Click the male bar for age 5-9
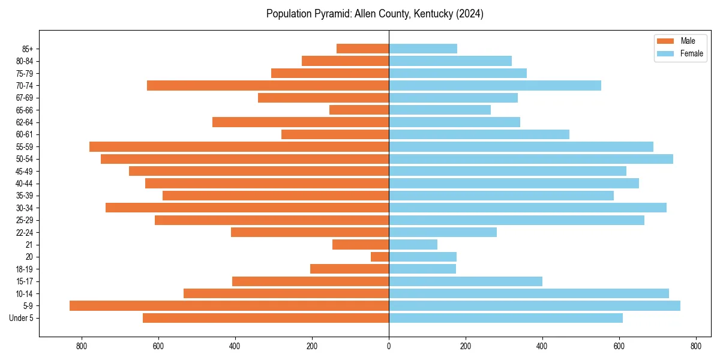tap(229, 305)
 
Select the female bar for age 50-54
tap(531, 159)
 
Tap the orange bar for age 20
tap(380, 257)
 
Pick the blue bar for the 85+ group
tap(423, 49)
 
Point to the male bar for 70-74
tap(268, 85)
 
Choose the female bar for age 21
tap(413, 244)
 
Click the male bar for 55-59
tap(239, 146)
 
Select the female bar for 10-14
tap(529, 293)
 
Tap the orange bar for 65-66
tap(359, 110)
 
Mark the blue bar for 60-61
tap(479, 134)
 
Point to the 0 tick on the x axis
tap(389, 346)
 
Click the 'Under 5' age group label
tap(21, 318)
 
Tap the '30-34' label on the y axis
tap(25, 208)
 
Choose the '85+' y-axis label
tap(27, 49)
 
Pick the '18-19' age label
tap(25, 269)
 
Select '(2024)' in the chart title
tap(469, 14)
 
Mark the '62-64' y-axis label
tap(25, 122)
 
